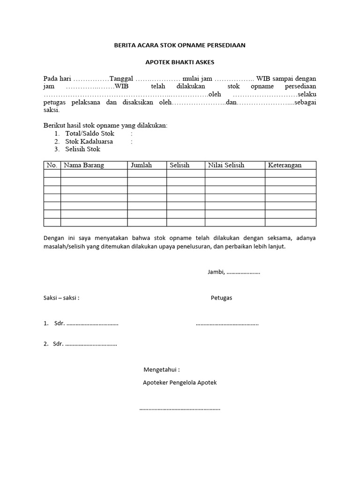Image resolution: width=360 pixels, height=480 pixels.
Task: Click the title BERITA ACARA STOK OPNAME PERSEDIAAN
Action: [x=180, y=45]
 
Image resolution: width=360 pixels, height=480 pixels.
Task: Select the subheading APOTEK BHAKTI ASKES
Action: [x=180, y=62]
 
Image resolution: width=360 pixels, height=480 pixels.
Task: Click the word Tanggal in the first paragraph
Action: [x=121, y=78]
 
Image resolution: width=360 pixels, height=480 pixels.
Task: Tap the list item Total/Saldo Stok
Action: [x=90, y=134]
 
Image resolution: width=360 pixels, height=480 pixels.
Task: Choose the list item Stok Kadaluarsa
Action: [x=89, y=142]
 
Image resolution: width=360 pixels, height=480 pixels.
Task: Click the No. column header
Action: [x=52, y=165]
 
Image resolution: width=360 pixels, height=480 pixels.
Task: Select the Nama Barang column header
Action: [x=84, y=165]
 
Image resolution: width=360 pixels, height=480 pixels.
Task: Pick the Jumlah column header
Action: [x=141, y=165]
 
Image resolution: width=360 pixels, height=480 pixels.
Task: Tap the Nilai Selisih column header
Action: [x=226, y=165]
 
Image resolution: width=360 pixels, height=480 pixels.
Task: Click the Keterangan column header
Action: [x=285, y=165]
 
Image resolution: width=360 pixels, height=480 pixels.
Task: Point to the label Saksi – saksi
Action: [x=61, y=298]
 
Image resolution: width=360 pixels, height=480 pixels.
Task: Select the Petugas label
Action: [x=221, y=298]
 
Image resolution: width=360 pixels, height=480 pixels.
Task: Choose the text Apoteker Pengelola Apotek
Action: [x=180, y=382]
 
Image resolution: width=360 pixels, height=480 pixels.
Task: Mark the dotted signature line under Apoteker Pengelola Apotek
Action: [x=180, y=409]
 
